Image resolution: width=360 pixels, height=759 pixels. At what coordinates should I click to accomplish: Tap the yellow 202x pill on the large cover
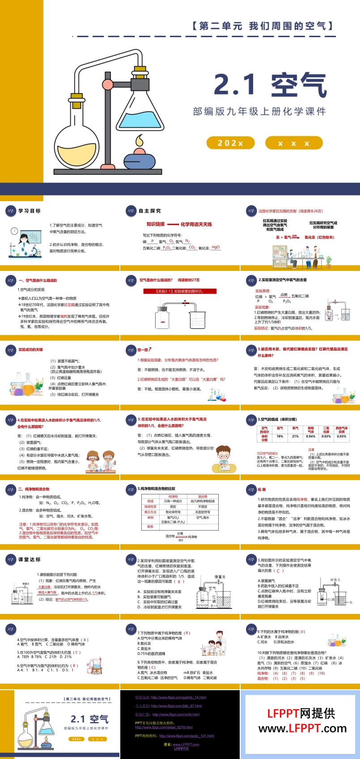(x=230, y=143)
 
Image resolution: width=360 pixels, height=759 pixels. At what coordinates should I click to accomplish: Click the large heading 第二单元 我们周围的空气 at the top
(x=263, y=25)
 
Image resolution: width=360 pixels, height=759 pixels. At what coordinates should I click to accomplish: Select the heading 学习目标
(x=30, y=211)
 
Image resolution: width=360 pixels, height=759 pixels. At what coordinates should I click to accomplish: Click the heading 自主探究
(x=150, y=211)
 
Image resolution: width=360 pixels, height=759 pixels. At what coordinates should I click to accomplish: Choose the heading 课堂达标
(x=30, y=560)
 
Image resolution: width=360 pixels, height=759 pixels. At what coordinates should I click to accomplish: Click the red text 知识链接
(x=156, y=224)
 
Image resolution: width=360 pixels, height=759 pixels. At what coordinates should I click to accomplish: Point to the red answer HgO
(x=216, y=247)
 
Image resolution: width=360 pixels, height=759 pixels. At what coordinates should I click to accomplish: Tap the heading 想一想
(x=144, y=350)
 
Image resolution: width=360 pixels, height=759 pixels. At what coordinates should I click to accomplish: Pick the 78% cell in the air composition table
(x=280, y=436)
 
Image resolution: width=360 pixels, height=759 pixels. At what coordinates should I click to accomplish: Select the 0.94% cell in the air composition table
(x=311, y=436)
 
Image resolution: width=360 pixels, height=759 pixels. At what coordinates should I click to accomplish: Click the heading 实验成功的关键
(x=31, y=350)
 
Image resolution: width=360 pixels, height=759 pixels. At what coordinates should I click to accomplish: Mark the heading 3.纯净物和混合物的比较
(x=157, y=489)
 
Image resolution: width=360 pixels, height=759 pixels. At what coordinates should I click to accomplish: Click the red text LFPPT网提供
(x=301, y=713)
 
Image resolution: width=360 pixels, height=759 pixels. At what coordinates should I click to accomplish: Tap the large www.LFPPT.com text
(x=302, y=729)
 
